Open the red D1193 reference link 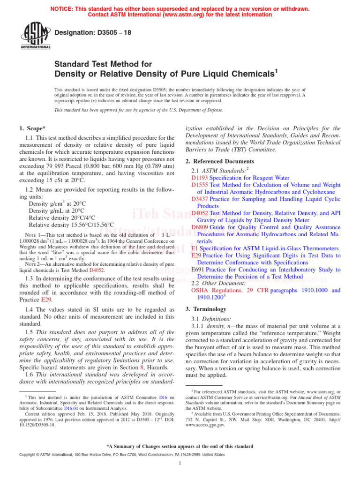pos(200,178)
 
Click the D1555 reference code pos(200,185)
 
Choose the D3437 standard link pos(200,199)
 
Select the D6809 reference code pos(200,227)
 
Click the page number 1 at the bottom pos(180,464)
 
